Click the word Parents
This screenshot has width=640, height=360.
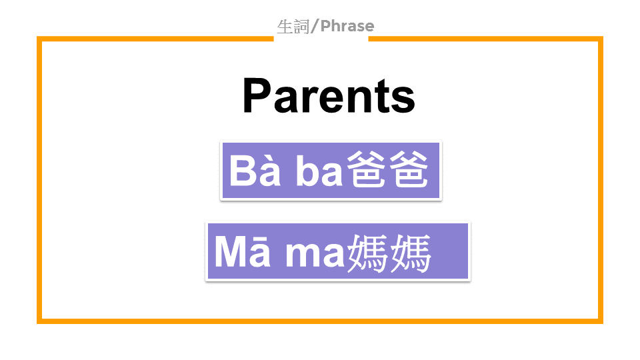(329, 95)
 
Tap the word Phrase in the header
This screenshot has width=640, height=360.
(347, 26)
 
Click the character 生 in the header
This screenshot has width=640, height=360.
(285, 27)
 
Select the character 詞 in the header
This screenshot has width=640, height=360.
(301, 27)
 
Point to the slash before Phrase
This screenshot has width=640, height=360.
(314, 27)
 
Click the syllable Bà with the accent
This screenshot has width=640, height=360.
(255, 170)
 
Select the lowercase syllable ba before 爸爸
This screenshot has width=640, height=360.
(319, 171)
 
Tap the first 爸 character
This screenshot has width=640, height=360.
(366, 169)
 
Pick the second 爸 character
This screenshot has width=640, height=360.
(408, 169)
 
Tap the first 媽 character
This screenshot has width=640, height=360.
(367, 253)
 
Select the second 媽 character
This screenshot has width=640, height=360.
(410, 253)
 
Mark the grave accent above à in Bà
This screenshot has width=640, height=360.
(266, 159)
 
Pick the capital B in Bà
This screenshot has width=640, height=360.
(243, 171)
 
